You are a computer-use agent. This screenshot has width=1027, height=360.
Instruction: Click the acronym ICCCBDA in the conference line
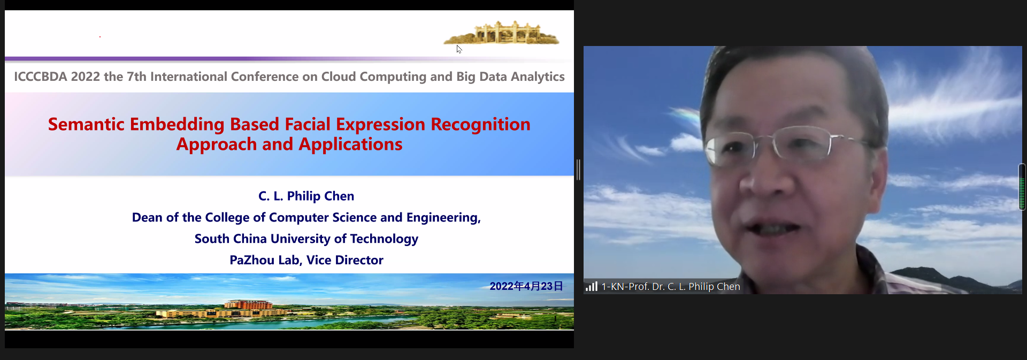[x=41, y=76]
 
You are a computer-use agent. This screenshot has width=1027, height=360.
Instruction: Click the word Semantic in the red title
[x=86, y=124]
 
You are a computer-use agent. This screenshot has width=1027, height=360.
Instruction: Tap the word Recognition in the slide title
[x=480, y=125]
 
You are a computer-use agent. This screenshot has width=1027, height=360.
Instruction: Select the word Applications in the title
[x=350, y=145]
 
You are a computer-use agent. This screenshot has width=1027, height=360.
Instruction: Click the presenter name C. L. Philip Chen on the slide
[x=306, y=196]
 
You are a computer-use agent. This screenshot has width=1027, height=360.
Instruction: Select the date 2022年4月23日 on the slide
[x=526, y=286]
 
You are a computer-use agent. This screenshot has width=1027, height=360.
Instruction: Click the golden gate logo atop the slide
[x=501, y=33]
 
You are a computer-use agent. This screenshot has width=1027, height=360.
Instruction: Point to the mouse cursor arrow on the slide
[x=459, y=49]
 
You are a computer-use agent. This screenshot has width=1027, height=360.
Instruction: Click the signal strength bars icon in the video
[x=591, y=286]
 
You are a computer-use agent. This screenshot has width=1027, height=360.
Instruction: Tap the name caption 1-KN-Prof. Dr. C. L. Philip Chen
[x=671, y=287]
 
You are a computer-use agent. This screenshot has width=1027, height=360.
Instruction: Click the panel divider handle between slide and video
[x=579, y=170]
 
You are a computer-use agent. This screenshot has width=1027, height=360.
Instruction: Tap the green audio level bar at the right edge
[x=1022, y=187]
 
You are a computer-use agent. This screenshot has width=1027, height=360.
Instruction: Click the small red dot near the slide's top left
[x=100, y=37]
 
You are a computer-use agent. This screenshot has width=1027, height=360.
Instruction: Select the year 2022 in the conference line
[x=86, y=76]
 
